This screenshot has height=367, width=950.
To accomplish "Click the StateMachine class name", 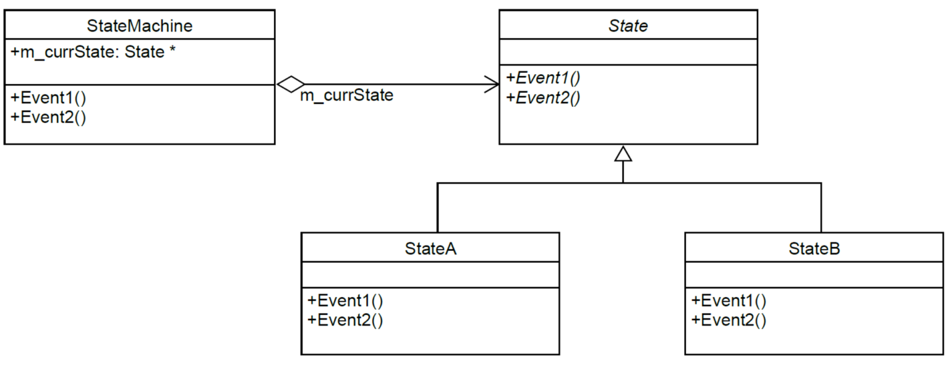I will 139,25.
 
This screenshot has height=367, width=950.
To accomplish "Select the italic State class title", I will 628,26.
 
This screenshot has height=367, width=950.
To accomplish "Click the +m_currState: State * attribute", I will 92,53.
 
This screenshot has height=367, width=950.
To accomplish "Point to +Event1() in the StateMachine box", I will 49,98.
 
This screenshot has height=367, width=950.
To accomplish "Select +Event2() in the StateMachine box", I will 49,117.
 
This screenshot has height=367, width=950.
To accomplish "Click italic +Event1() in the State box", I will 543,78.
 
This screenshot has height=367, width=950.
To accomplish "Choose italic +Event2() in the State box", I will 543,98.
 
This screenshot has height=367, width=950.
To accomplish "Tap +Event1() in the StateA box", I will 345,301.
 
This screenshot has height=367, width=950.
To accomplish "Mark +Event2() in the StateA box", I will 345,320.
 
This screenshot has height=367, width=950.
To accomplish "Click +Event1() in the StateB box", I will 729,301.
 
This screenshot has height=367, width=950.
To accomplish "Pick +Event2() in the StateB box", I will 729,320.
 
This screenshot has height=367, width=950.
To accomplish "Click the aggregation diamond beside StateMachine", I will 290,85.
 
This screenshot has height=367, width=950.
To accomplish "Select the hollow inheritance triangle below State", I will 623,154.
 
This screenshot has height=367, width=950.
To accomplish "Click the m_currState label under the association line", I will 346,96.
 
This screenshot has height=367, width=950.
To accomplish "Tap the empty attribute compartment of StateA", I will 430,275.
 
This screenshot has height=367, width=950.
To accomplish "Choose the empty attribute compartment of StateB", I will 814,275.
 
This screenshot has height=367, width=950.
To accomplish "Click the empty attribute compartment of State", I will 628,52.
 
